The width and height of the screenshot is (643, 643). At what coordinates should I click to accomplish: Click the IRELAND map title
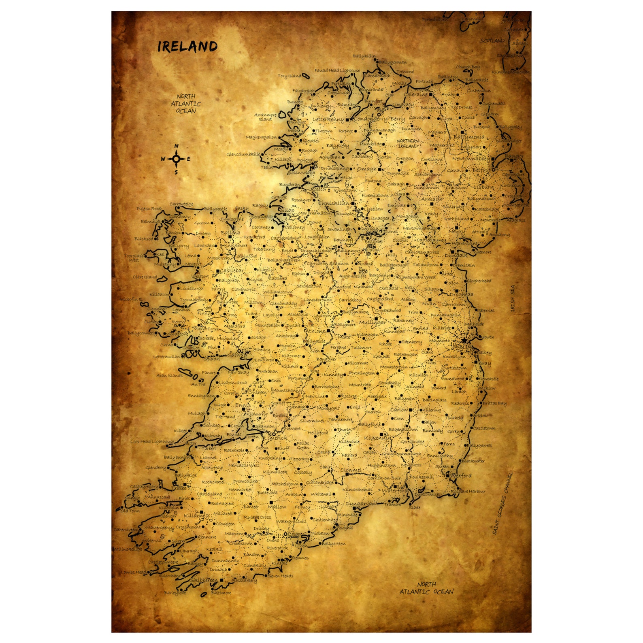[x=187, y=47]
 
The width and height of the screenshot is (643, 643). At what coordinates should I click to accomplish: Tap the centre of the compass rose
[x=176, y=159]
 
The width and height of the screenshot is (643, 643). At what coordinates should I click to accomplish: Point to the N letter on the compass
[x=176, y=146]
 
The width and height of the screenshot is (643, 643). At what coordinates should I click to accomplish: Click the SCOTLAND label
[x=492, y=41]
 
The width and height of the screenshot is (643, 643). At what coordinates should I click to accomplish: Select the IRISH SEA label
[x=513, y=298]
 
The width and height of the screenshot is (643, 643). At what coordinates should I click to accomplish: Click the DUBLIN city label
[x=462, y=347]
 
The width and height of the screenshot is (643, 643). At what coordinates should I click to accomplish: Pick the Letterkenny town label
[x=328, y=120]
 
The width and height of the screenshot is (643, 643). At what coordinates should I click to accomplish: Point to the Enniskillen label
[x=333, y=203]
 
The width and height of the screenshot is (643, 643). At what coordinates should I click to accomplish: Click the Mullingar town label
[x=372, y=322]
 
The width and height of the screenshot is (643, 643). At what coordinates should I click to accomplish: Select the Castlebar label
[x=232, y=270]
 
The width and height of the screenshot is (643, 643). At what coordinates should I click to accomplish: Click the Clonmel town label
[x=351, y=470]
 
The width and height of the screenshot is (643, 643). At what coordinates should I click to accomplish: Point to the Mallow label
[x=277, y=507]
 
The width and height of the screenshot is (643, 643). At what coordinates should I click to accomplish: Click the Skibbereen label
[x=204, y=580]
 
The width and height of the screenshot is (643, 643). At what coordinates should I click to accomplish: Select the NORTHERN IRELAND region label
[x=408, y=143]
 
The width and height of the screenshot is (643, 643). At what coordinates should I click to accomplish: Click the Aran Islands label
[x=170, y=375]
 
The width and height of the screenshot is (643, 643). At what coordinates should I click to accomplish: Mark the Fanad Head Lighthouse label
[x=337, y=70]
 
